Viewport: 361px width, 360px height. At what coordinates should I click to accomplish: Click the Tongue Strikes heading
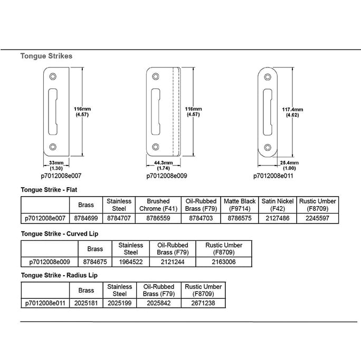46,55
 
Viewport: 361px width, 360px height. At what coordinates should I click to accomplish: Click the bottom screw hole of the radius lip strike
268,147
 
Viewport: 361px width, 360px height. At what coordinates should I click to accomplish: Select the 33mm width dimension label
56,165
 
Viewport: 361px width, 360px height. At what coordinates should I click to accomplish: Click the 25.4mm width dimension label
290,165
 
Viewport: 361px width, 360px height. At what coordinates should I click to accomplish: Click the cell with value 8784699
85,217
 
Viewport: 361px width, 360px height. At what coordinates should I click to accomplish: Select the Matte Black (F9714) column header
240,205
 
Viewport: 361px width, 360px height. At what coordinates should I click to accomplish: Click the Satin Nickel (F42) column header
278,205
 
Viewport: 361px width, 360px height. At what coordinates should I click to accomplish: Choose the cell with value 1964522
130,261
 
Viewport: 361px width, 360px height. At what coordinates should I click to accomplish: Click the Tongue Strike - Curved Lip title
59,233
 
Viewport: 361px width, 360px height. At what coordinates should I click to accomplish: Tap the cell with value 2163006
224,261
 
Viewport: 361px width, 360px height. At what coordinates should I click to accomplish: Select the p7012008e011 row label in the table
45,303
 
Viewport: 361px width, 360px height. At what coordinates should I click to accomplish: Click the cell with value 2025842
158,303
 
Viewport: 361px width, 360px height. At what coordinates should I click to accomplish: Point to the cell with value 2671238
203,303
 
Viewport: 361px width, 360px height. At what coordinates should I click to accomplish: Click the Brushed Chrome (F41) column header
158,205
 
